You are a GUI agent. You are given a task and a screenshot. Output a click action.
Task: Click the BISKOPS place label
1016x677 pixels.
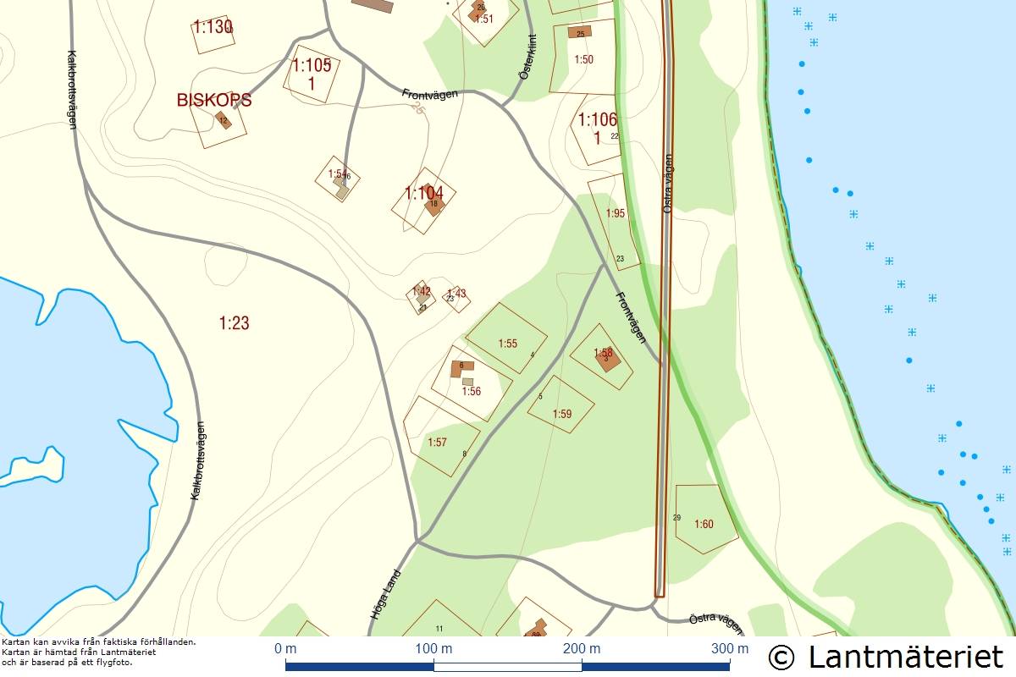214,100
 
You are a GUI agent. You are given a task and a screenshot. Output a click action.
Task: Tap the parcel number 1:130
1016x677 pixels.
213,27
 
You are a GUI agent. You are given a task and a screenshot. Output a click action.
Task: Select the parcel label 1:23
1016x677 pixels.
234,322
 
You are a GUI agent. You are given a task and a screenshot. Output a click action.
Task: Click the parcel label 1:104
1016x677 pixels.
423,193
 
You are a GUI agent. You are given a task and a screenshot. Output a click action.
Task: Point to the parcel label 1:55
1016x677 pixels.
507,344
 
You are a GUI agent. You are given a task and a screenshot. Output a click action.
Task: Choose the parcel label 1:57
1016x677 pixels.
437,442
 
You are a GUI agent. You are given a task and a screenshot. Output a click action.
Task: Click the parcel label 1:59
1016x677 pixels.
562,414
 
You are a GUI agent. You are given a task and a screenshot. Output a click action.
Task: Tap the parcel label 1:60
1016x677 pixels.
704,524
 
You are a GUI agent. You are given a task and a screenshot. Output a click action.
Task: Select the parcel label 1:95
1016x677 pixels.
616,213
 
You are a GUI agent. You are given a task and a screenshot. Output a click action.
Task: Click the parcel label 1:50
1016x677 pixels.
583,59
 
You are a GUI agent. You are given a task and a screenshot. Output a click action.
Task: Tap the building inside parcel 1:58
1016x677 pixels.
610,360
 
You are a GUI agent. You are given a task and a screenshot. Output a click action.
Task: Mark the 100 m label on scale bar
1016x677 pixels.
434,649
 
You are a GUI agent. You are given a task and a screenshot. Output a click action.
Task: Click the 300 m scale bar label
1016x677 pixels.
730,649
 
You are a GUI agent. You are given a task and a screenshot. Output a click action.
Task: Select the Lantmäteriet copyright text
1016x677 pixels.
886,656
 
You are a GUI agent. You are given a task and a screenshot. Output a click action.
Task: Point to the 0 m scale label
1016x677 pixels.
285,649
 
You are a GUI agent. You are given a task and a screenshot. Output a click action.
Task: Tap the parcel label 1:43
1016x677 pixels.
456,294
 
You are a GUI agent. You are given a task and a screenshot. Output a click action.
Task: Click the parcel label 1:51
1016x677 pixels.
483,18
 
